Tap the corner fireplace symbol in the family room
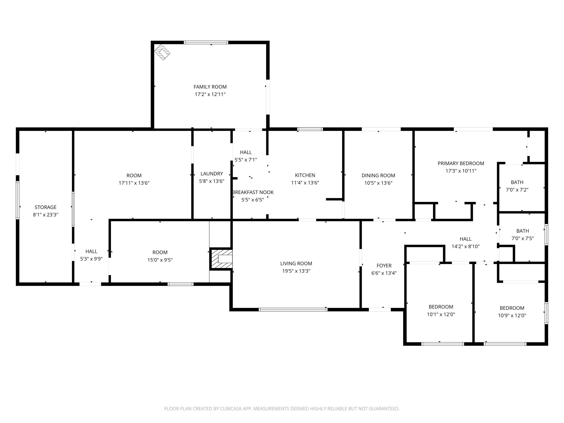tap(162, 52)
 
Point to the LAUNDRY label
tap(212, 174)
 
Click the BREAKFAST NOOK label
tap(253, 192)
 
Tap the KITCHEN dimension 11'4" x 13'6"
tap(305, 183)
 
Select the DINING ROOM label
tap(378, 175)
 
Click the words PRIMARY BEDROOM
tap(461, 163)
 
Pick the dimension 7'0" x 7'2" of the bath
tap(517, 190)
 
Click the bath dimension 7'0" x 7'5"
tap(522, 238)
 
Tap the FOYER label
tap(384, 266)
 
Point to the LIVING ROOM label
tap(296, 263)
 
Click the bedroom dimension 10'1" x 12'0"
tap(441, 314)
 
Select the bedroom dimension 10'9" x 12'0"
tap(512, 315)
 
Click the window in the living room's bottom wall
tap(293, 309)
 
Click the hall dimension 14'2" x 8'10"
tap(465, 246)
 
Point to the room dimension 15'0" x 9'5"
tap(160, 260)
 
